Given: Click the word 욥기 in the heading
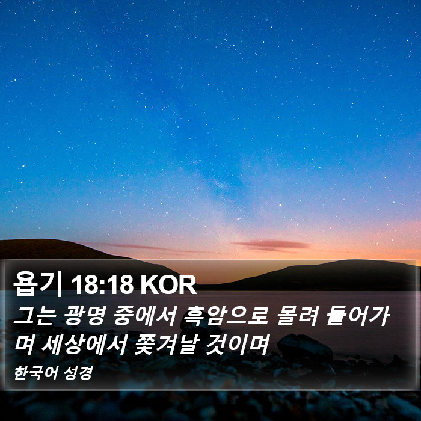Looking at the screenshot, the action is click(x=37, y=284).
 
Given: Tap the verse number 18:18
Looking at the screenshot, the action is click(x=102, y=284).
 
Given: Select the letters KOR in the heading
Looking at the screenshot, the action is click(x=168, y=284).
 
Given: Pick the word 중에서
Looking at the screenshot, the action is click(x=145, y=316).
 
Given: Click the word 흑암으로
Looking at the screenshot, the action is click(x=226, y=316).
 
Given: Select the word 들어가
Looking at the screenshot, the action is click(x=358, y=316).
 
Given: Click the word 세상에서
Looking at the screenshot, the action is click(x=84, y=345).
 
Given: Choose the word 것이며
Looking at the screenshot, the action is click(x=237, y=345).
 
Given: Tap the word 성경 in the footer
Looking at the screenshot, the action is click(x=78, y=373).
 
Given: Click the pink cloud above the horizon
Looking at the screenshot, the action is click(x=272, y=245).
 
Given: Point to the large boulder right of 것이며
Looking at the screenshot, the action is click(x=305, y=347).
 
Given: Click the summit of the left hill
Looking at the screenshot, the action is click(x=48, y=239).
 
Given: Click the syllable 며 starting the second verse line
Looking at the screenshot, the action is click(x=25, y=345).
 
